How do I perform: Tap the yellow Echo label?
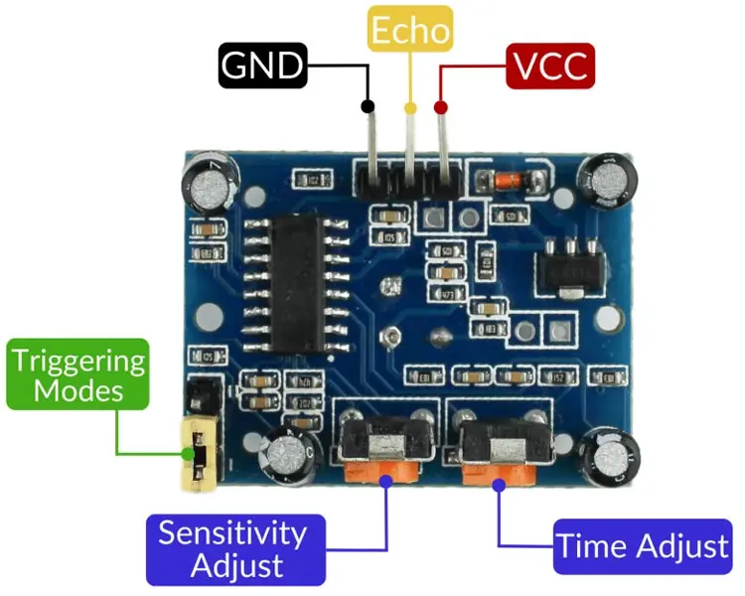[410, 30]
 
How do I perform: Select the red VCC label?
[549, 67]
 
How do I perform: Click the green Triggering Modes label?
[78, 374]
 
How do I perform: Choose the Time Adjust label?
[642, 546]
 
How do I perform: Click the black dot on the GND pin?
[368, 105]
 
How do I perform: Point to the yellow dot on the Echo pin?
[409, 106]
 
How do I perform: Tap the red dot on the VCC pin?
[441, 106]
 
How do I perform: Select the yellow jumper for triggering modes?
[197, 455]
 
